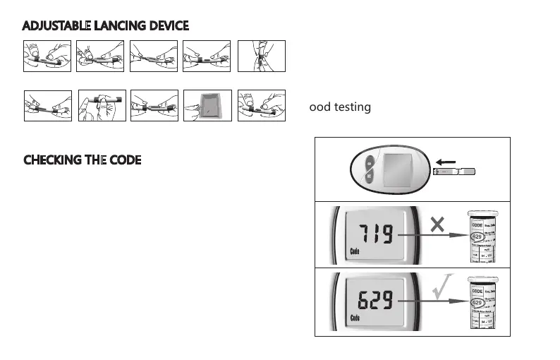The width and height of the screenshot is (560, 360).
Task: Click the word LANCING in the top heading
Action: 117,26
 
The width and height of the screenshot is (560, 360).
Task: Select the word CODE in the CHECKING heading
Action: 125,160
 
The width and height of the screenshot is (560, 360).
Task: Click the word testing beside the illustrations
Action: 351,107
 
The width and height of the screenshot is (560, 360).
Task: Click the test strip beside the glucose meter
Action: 454,172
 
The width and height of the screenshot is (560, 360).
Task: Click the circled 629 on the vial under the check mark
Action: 478,304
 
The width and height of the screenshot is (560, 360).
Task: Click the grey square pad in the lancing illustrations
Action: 207,107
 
